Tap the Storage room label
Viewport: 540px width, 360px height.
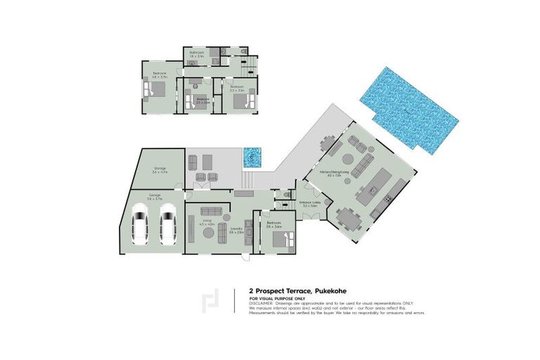[159, 169]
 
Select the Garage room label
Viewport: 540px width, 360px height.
[155, 197]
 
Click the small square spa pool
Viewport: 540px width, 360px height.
[252, 157]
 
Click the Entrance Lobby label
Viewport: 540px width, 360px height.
[309, 202]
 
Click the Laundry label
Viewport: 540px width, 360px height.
[237, 229]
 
